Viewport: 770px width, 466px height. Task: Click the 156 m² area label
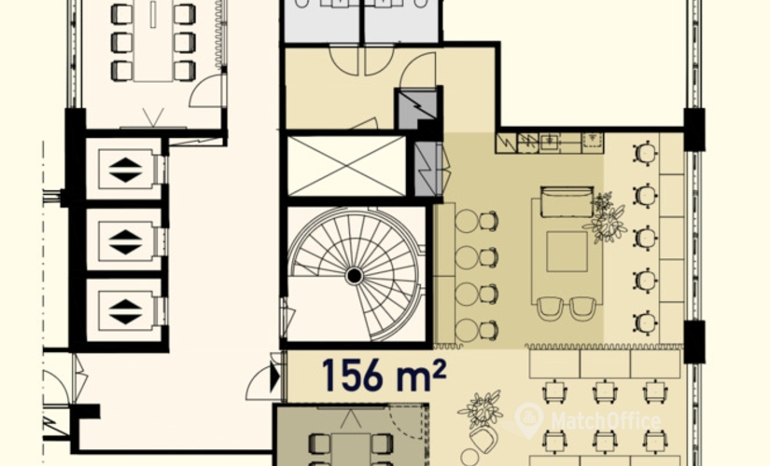(x=384, y=376)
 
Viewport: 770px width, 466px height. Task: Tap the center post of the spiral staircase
(x=354, y=276)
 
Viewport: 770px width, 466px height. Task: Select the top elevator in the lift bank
(x=126, y=170)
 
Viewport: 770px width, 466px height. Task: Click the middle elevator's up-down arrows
(x=126, y=241)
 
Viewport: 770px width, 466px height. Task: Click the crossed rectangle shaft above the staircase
(x=346, y=166)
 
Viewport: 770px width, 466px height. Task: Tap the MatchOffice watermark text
(x=606, y=421)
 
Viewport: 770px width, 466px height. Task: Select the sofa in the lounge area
(x=567, y=201)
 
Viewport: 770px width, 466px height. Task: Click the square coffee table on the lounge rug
(x=567, y=252)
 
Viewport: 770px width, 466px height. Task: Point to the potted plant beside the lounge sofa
(x=606, y=218)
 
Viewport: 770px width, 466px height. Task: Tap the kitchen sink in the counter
(x=549, y=143)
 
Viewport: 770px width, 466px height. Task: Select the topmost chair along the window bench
(x=645, y=153)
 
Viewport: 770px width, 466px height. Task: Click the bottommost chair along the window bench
(x=645, y=322)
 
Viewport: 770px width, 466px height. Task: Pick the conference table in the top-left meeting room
(x=153, y=41)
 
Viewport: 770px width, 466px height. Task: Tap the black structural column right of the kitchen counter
(x=693, y=130)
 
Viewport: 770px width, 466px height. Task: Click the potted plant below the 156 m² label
(x=481, y=410)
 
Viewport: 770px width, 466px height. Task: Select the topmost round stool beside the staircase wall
(x=467, y=221)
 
